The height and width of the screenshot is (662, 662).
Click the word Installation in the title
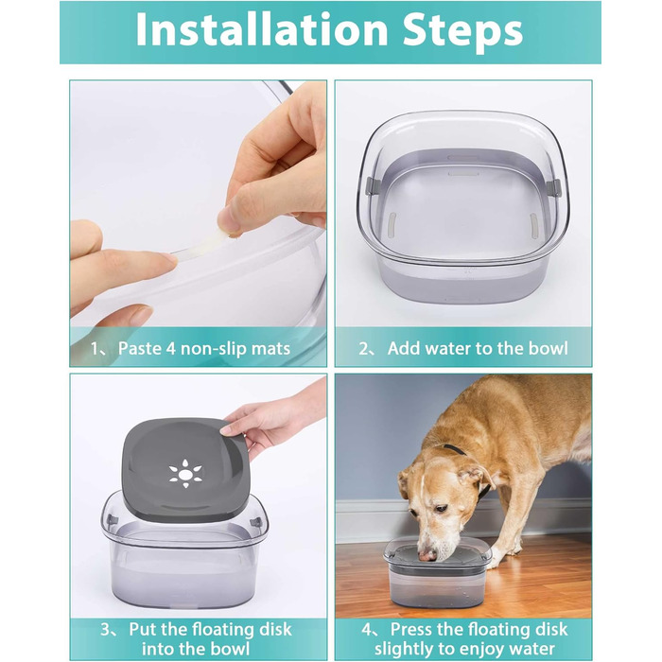coord(262,30)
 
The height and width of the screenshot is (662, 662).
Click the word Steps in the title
coord(463,32)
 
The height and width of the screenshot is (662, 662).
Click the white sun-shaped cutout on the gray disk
coord(185,474)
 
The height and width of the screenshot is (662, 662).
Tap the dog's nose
coord(427,555)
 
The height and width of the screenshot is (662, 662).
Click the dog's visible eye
coord(442,509)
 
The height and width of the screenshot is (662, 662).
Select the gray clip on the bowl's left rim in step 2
coord(374,186)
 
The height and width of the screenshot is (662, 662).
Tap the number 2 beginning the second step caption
coord(363,349)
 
